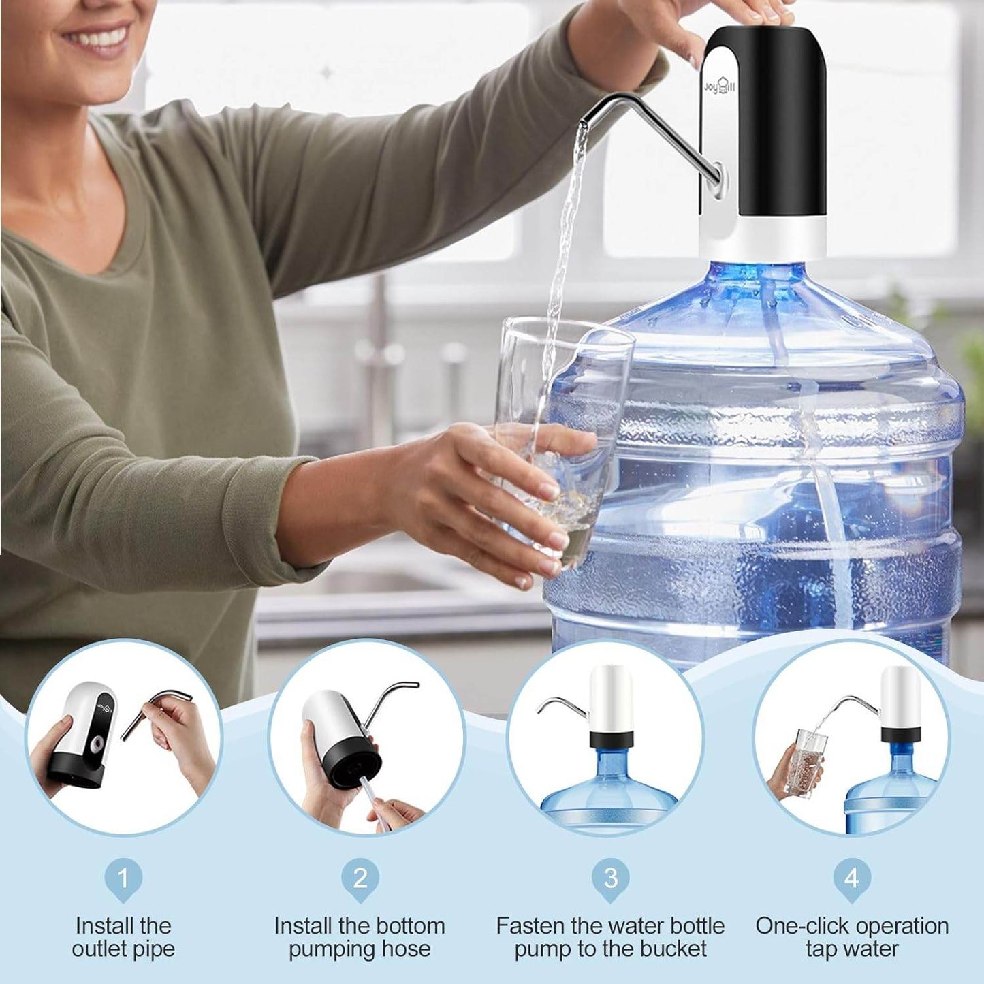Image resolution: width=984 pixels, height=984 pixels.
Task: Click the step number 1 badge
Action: pos(123,878)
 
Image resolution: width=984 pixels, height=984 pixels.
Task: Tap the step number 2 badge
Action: pos(360,878)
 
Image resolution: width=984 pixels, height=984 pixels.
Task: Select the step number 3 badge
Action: pos(610,878)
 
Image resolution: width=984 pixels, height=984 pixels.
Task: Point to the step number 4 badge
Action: pos(852,878)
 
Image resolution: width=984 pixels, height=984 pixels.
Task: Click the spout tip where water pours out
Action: pos(583,125)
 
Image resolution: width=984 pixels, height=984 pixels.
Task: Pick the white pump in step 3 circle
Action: pos(611,698)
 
